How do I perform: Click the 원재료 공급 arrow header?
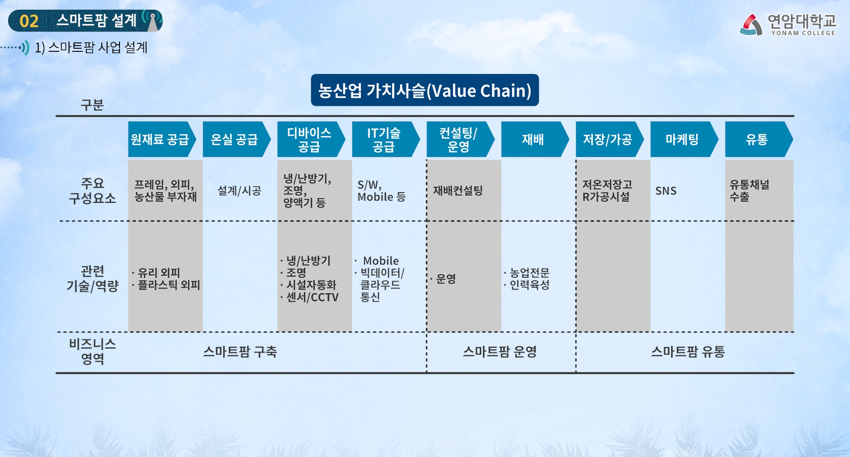pyautogui.click(x=160, y=139)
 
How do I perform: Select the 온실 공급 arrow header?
pyautogui.click(x=235, y=139)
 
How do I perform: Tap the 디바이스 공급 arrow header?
pyautogui.click(x=309, y=139)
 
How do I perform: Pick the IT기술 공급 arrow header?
pyautogui.click(x=384, y=139)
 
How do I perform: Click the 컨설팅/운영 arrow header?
pyautogui.click(x=458, y=139)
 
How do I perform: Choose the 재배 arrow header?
pyautogui.click(x=533, y=139)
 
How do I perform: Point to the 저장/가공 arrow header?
pyautogui.click(x=607, y=139)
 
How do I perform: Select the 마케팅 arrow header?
pyautogui.click(x=682, y=139)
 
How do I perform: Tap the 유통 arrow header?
pyautogui.click(x=757, y=139)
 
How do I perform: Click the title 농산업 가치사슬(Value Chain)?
pyautogui.click(x=425, y=90)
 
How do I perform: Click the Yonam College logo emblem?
pyautogui.click(x=751, y=25)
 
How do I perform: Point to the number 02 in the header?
pyautogui.click(x=29, y=21)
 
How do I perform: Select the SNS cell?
pyautogui.click(x=666, y=191)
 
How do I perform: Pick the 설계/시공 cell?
pyautogui.click(x=240, y=191)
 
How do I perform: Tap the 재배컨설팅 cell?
pyautogui.click(x=458, y=191)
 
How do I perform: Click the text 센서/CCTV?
pyautogui.click(x=312, y=297)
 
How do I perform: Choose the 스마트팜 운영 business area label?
pyautogui.click(x=500, y=352)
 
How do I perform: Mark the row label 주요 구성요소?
pyautogui.click(x=92, y=190)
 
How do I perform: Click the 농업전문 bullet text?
pyautogui.click(x=529, y=273)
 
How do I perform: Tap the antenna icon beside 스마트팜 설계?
pyautogui.click(x=153, y=20)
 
